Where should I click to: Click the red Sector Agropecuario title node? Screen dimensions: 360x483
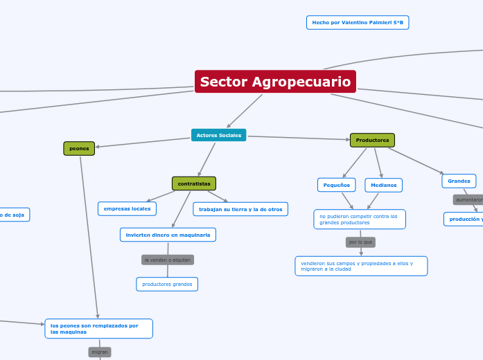click(275, 82)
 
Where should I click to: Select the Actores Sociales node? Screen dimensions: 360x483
click(218, 135)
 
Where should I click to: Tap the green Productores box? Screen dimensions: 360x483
click(372, 141)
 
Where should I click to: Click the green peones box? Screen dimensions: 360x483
click(79, 148)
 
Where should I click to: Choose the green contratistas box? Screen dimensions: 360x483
click(194, 183)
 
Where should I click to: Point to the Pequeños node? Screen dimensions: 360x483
click(336, 185)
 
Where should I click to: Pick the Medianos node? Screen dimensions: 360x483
click(383, 185)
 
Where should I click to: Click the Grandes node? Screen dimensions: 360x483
click(459, 181)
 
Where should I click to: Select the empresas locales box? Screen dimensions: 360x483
click(127, 208)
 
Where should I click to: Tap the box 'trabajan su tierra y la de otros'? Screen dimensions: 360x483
click(240, 209)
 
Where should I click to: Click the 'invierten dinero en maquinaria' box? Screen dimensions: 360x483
click(168, 235)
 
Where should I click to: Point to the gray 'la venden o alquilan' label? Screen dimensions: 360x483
click(167, 260)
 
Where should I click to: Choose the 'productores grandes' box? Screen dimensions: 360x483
click(167, 284)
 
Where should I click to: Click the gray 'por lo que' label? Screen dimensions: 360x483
click(360, 242)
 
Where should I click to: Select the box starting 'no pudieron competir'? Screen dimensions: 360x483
click(359, 219)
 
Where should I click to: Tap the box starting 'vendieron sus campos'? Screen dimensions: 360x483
click(360, 266)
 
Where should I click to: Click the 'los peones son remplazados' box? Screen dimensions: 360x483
click(98, 328)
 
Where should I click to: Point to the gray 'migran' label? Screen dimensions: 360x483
click(100, 352)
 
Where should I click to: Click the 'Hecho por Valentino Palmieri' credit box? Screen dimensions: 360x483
click(358, 23)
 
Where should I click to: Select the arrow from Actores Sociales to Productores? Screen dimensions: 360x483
click(298, 138)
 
